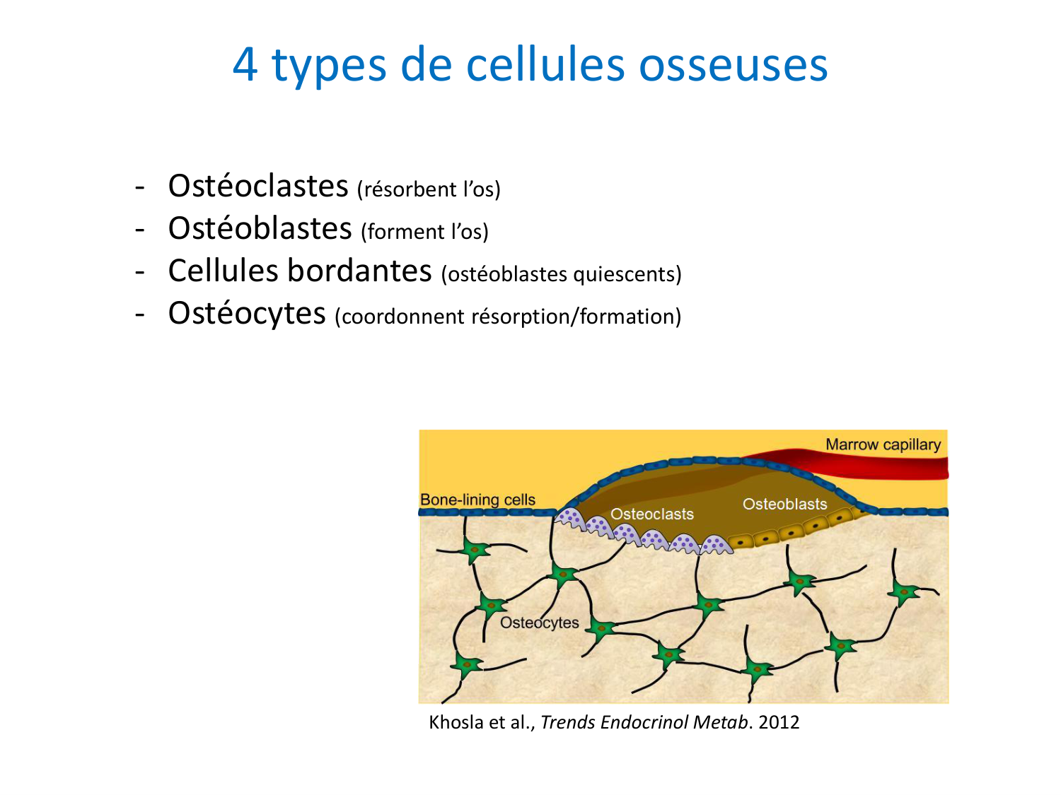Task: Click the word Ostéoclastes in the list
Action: pyautogui.click(x=257, y=187)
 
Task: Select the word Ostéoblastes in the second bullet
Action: pyautogui.click(x=260, y=229)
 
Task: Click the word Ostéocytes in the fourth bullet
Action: pyautogui.click(x=246, y=314)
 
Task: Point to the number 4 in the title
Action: pyautogui.click(x=245, y=65)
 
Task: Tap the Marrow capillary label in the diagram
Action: pyautogui.click(x=883, y=444)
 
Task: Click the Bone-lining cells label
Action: pyautogui.click(x=477, y=500)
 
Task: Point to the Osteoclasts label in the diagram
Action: pyautogui.click(x=651, y=514)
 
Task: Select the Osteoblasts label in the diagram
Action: pyautogui.click(x=784, y=504)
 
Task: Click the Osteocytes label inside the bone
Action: pyautogui.click(x=539, y=623)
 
